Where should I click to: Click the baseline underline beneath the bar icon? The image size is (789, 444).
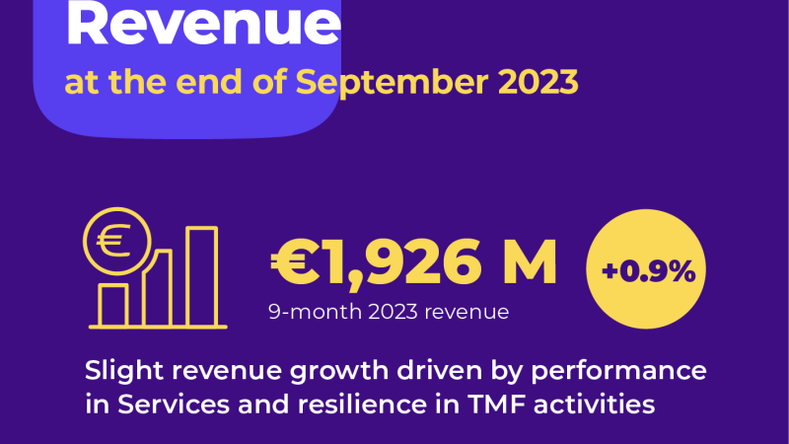158,326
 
